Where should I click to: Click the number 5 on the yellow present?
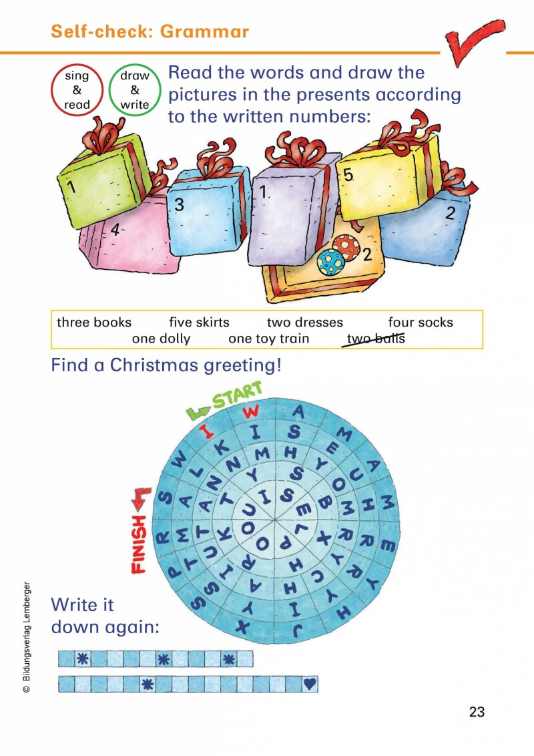348,176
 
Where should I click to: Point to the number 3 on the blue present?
179,205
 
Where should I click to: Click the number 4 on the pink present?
115,230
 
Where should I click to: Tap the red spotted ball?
346,247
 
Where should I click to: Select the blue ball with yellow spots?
331,262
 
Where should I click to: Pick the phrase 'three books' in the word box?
94,322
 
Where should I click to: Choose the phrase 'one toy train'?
268,339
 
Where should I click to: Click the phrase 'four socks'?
421,322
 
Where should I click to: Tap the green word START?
237,395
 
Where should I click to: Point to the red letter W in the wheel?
251,412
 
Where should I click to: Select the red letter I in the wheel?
207,430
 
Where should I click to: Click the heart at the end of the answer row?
310,684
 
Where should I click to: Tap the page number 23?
477,712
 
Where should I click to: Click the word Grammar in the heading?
204,31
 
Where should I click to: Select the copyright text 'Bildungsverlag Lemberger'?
27,632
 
